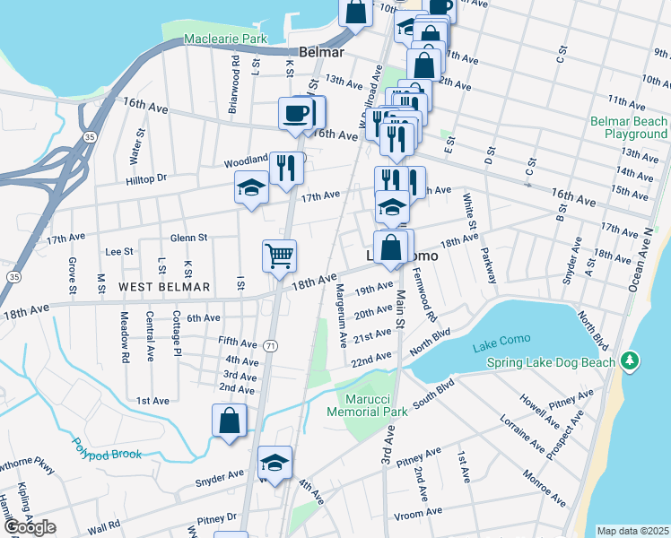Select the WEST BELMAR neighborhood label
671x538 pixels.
coord(164,287)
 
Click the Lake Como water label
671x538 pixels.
coord(501,339)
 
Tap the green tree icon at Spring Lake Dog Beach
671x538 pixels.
coord(631,361)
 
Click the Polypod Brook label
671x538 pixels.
coord(108,455)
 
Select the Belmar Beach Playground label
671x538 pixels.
coord(628,127)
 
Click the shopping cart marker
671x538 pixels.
coord(280,256)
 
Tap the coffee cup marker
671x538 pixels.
coord(297,113)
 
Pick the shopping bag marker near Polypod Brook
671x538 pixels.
coord(230,420)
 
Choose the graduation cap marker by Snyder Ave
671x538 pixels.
coord(274,462)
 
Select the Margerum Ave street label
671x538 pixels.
coord(343,317)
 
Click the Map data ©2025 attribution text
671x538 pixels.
coord(632,531)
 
